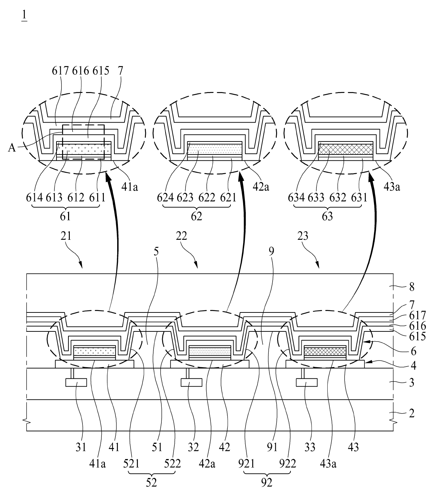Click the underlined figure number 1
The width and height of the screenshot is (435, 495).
(x=24, y=16)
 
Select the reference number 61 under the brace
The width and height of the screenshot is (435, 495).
(x=66, y=217)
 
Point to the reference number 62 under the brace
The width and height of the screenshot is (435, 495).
(x=196, y=217)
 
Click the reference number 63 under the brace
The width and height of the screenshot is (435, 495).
(x=327, y=217)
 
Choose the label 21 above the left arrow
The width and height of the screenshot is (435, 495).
(x=66, y=236)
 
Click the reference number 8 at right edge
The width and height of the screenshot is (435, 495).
(x=411, y=287)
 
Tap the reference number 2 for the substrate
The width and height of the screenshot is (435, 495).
(x=411, y=413)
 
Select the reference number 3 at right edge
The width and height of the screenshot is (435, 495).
(x=411, y=382)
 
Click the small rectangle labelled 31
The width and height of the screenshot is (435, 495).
(x=76, y=382)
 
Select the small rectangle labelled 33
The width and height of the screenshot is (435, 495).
(x=307, y=382)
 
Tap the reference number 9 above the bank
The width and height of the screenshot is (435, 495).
(x=272, y=251)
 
